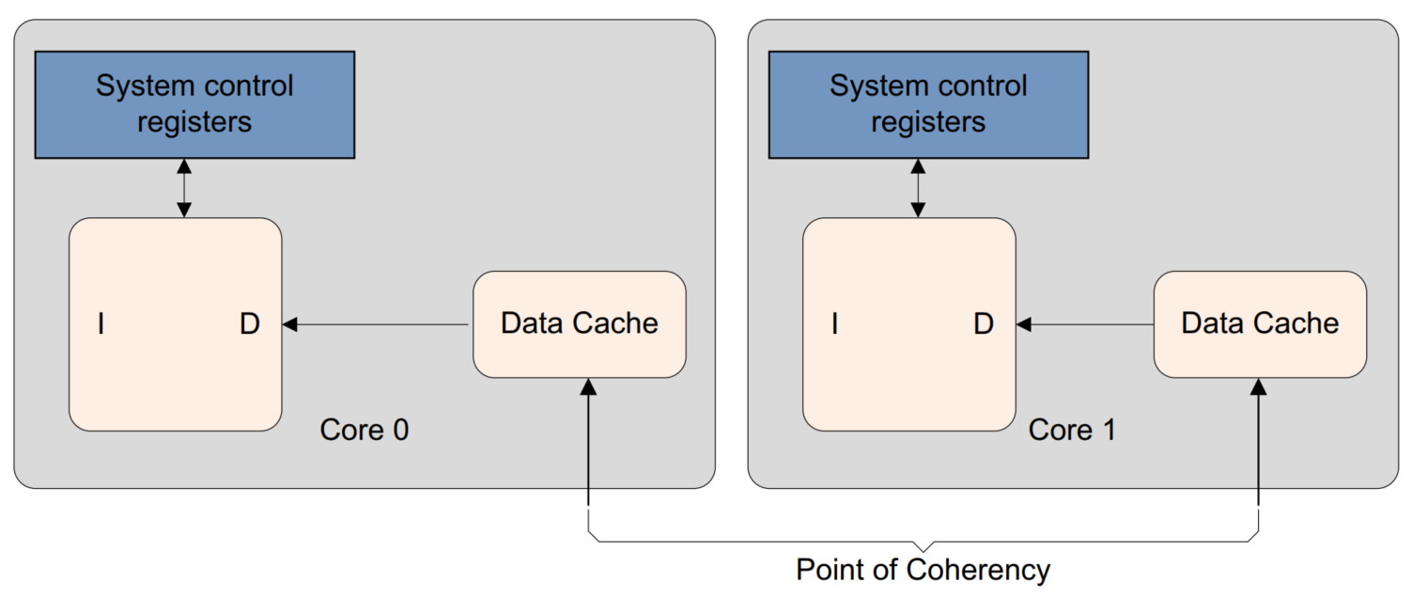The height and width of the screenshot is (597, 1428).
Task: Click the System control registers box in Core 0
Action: click(x=194, y=104)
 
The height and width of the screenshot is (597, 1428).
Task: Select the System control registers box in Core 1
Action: click(x=928, y=104)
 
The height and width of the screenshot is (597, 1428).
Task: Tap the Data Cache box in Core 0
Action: click(x=579, y=324)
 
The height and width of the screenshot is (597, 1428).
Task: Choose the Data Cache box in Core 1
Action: click(x=1259, y=324)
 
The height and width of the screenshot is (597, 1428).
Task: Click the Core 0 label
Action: click(x=365, y=430)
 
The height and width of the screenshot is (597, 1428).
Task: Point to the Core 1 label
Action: click(x=1072, y=430)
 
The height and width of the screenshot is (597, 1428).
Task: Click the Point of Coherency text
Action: click(x=923, y=570)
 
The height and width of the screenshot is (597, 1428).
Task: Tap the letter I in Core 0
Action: click(x=101, y=325)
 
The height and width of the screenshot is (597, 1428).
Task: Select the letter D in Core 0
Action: click(x=249, y=325)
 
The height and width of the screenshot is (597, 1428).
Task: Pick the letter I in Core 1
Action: click(x=834, y=325)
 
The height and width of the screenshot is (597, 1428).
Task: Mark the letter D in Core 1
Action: click(x=983, y=325)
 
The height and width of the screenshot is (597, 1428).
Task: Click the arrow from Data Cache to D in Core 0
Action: click(x=376, y=324)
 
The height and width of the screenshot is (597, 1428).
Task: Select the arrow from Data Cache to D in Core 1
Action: click(x=1085, y=324)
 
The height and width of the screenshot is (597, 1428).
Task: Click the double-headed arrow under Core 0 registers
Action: click(x=184, y=188)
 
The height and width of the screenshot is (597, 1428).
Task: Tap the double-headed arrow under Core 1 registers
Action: click(x=918, y=188)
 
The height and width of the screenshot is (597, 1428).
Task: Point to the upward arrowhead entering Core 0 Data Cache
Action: click(x=588, y=385)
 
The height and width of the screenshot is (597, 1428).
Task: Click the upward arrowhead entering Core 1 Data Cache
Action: click(x=1258, y=385)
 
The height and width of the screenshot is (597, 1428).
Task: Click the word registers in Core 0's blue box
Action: click(x=194, y=122)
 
